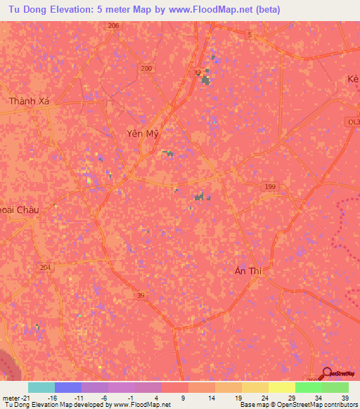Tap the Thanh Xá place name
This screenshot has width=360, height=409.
[x=30, y=102]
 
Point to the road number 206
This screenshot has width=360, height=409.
[x=114, y=26]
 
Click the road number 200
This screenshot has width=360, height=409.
[x=146, y=68]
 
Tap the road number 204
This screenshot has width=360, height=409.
[x=46, y=268]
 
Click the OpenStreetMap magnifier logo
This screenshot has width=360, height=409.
[x=327, y=374]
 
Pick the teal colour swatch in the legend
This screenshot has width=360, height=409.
[x=41, y=387]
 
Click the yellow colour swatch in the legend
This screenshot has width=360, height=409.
[x=282, y=387]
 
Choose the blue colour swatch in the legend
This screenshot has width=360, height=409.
[x=68, y=387]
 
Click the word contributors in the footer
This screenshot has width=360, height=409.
[x=337, y=405]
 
